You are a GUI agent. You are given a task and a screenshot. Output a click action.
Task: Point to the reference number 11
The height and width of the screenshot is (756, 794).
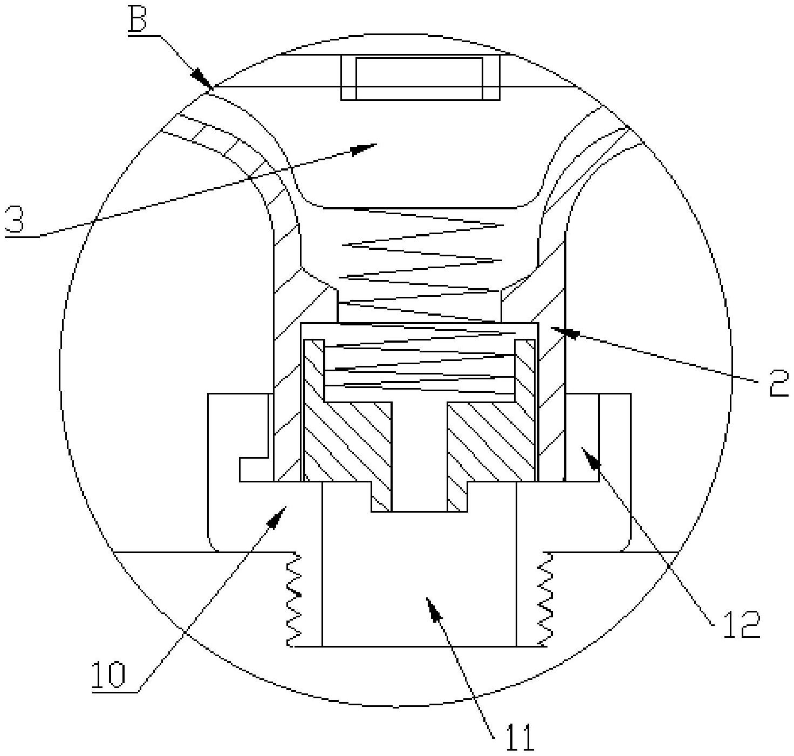point(519,737)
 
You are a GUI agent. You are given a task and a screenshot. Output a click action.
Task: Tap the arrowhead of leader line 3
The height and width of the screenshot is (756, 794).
point(367,147)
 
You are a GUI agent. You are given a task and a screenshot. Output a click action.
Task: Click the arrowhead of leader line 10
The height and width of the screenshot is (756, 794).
point(279,515)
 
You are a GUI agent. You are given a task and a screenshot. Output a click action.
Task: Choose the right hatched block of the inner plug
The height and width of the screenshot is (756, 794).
point(491,442)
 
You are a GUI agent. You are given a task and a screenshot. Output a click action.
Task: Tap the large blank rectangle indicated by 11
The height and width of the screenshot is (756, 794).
point(419,583)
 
